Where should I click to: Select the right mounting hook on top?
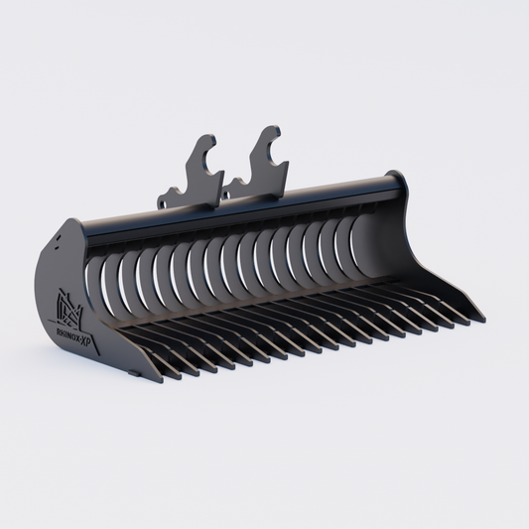[x=265, y=158]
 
